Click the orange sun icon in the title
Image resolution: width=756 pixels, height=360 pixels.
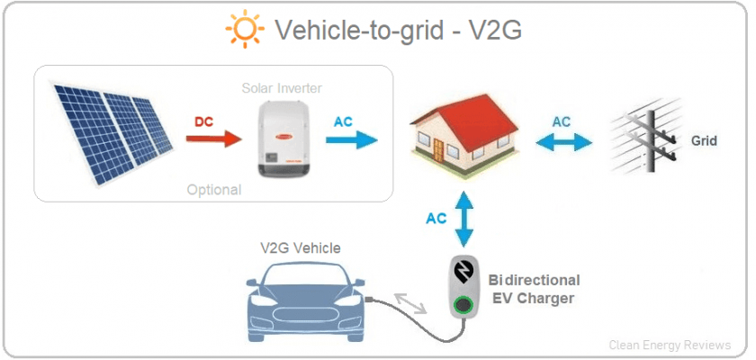tap(245, 29)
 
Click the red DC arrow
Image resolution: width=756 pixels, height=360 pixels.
tap(213, 139)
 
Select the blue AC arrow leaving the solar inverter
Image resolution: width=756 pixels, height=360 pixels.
tap(352, 139)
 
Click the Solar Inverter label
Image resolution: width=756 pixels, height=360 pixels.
tap(282, 88)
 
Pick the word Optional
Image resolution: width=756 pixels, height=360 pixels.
tap(213, 189)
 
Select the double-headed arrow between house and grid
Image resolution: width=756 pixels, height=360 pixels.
tap(563, 142)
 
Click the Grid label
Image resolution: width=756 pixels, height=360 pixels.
tap(704, 140)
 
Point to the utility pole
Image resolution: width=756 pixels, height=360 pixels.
tap(651, 140)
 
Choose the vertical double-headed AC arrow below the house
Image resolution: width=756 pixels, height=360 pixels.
tap(464, 219)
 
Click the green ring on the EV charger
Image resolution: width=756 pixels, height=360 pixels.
tap(463, 304)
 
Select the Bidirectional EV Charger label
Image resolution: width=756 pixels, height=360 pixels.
tap(534, 289)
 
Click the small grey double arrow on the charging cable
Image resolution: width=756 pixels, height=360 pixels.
tap(410, 302)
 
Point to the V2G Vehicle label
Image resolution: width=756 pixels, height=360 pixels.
tap(301, 248)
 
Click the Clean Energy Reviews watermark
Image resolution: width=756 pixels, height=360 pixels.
tap(670, 345)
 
